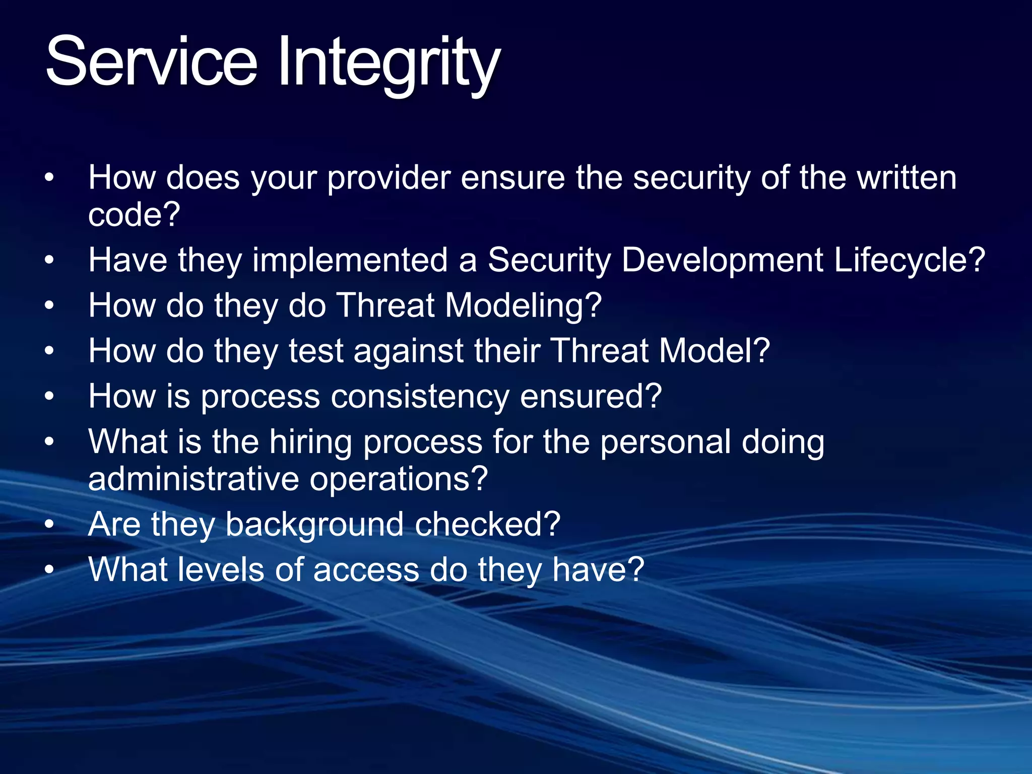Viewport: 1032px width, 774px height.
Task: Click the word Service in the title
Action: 151,63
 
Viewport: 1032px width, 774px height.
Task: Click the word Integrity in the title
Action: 388,66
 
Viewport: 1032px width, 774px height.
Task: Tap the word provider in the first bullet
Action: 389,179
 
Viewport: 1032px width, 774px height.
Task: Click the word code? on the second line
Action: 134,215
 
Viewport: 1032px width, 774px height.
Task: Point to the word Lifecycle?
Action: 909,261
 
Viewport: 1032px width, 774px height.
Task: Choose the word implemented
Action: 350,261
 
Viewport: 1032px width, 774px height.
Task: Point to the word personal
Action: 665,442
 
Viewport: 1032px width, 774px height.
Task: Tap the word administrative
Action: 193,479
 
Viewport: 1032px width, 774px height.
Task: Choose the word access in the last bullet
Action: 366,570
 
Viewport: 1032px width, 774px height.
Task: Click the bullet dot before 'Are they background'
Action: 49,525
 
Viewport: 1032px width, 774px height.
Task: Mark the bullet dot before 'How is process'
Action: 49,397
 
